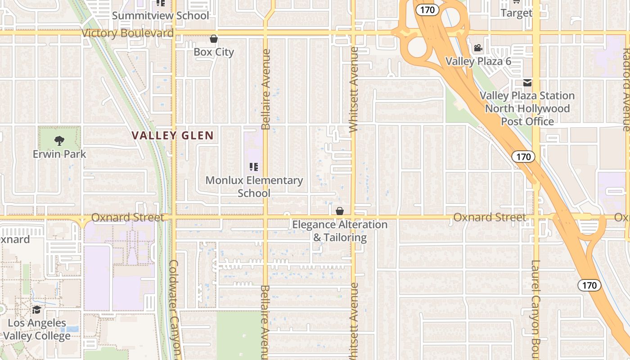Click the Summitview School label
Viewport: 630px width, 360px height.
pos(160,16)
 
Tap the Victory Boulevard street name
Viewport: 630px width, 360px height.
pos(127,33)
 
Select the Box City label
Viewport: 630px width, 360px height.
pos(214,52)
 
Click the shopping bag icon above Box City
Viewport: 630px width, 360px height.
pos(214,39)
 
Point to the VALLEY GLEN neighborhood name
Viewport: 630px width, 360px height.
pos(173,135)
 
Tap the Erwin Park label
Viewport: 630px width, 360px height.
pos(59,154)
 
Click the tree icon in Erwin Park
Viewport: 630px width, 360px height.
pos(59,140)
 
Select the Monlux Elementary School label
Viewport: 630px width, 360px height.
pos(254,187)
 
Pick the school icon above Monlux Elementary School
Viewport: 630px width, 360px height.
pos(254,167)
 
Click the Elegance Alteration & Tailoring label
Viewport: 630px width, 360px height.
pos(340,231)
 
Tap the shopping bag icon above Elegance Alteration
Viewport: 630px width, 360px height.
pos(340,211)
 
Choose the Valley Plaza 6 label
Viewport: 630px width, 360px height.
pos(478,61)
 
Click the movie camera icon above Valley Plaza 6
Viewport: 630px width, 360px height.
pos(478,48)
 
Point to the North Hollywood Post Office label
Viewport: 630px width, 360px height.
pos(527,115)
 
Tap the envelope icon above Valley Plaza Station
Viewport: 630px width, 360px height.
pos(527,83)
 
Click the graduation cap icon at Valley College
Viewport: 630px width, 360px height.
pos(36,310)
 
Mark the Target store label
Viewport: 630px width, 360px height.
pos(516,13)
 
